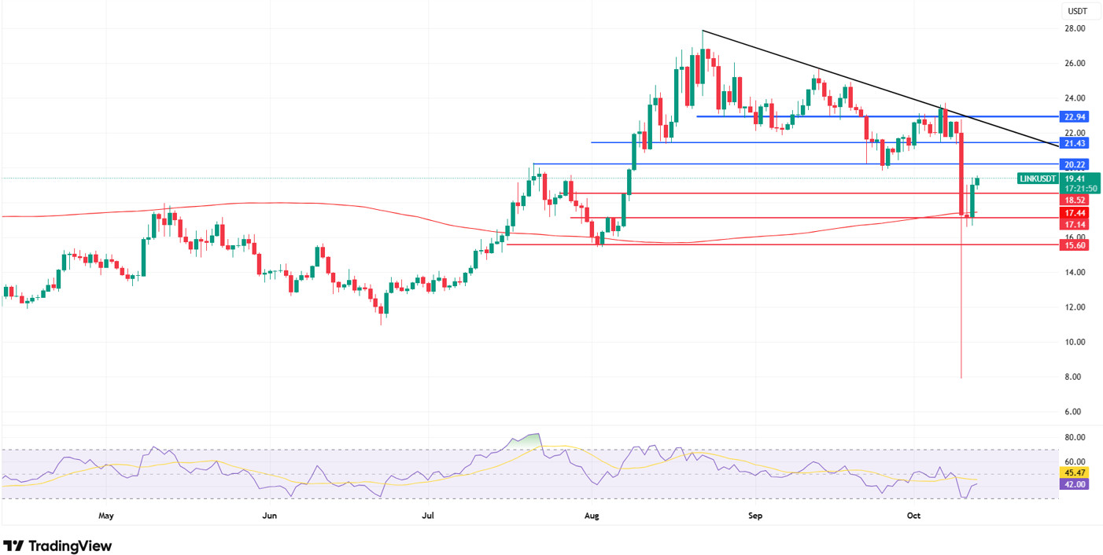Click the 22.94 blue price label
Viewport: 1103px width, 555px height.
point(1074,116)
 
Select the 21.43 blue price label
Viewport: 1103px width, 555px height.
point(1074,143)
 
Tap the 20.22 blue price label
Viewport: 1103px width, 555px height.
point(1074,164)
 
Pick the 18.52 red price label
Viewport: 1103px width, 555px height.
point(1074,200)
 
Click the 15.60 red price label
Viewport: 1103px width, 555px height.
point(1074,245)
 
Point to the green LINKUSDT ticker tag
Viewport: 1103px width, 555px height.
point(1038,178)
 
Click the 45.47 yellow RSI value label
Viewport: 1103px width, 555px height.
point(1074,472)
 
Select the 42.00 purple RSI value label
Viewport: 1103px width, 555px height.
point(1074,484)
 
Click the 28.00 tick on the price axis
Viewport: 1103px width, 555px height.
point(1074,28)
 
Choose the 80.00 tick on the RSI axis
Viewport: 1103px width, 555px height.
point(1074,437)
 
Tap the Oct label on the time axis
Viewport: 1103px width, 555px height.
point(913,516)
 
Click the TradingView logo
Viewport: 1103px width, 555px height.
point(57,546)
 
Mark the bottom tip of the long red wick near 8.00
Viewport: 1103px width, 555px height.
point(961,378)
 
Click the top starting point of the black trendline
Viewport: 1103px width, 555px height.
point(703,30)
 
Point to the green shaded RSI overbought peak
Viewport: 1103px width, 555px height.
point(529,438)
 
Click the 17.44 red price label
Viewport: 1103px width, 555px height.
point(1074,213)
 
